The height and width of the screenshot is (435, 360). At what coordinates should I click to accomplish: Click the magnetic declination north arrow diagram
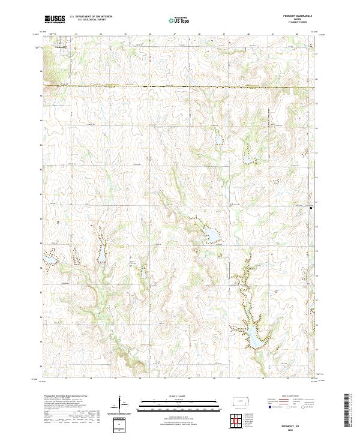coord(121,403)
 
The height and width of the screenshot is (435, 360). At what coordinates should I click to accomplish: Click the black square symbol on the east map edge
coord(311,208)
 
